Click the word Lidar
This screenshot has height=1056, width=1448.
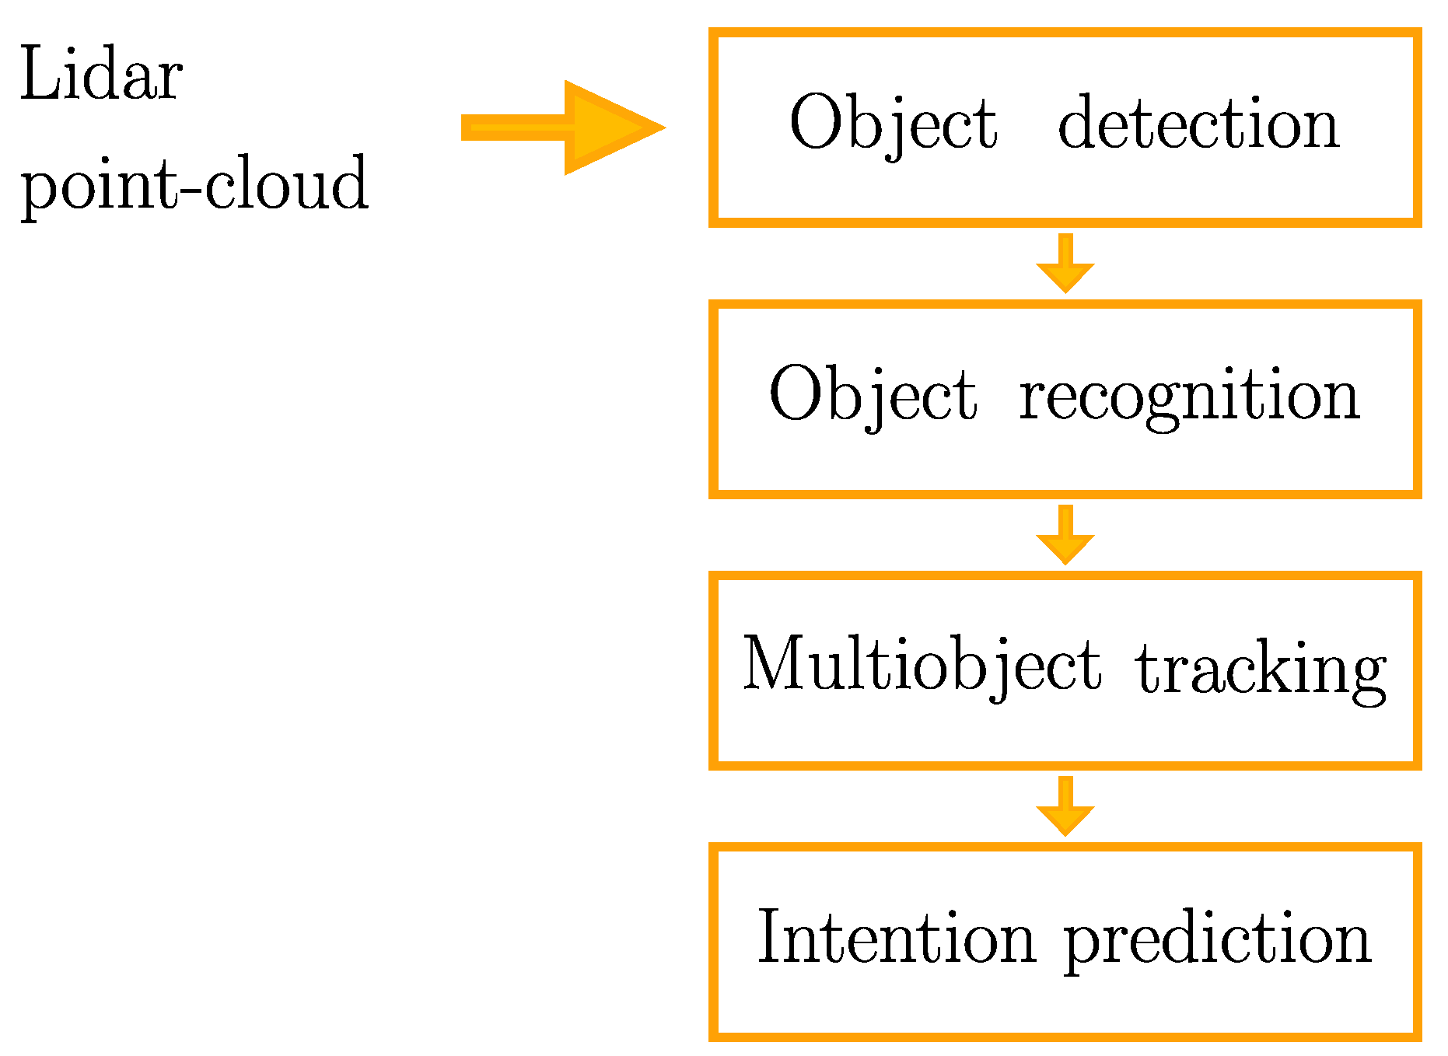point(101,75)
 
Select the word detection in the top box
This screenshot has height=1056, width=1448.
point(1198,124)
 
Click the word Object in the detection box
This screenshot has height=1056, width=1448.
point(893,124)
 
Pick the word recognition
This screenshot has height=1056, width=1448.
point(1189,396)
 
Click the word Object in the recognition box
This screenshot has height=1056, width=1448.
point(873,396)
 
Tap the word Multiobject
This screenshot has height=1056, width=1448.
point(922,666)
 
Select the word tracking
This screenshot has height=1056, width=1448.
point(1261,669)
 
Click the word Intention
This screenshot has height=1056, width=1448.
point(896,938)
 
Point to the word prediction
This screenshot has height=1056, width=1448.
point(1217,939)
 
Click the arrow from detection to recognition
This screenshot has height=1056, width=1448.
point(1065,264)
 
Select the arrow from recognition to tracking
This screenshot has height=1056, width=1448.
point(1065,536)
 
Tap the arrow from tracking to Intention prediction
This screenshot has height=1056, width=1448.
point(1065,807)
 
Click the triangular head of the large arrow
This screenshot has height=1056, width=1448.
point(610,128)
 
